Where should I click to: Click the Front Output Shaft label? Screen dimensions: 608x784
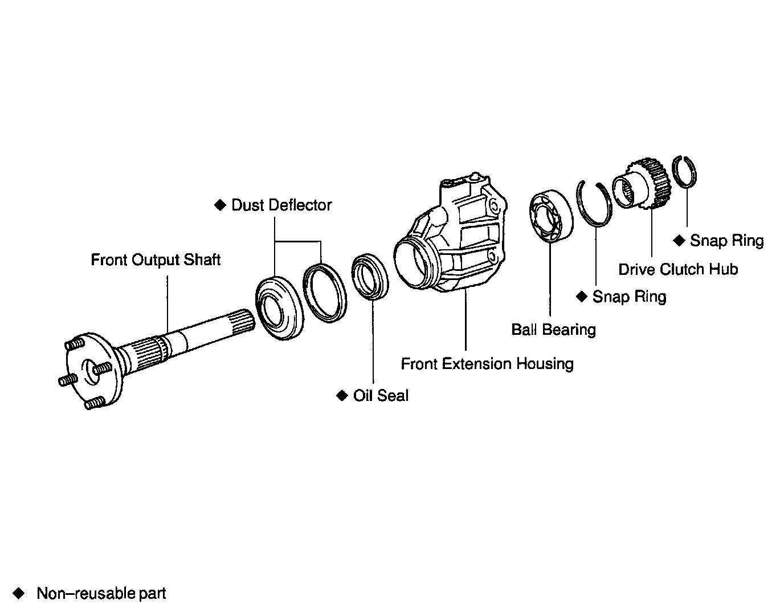156,260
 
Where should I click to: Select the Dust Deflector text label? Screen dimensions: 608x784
281,205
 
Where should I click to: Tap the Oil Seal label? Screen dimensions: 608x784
381,396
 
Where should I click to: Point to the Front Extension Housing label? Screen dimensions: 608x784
487,364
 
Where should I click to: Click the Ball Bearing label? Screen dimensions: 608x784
553,330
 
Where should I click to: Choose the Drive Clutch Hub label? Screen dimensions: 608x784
678,269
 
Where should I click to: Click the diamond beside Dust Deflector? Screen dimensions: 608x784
220,205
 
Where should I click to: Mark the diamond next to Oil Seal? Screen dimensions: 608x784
342,395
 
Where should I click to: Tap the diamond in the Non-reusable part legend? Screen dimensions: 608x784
20,593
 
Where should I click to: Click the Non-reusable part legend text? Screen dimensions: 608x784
101,594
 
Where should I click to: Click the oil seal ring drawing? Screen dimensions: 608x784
370,277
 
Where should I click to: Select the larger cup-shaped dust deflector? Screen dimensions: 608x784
279,308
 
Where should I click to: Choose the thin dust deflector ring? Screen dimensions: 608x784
324,292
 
